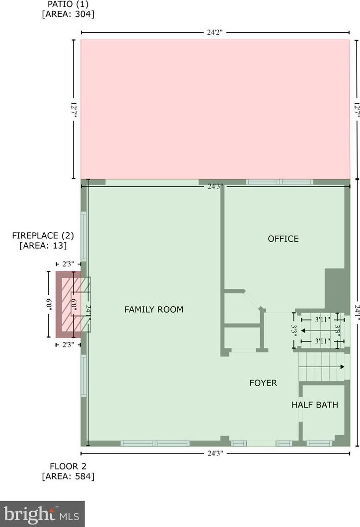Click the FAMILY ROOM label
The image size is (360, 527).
[154, 309]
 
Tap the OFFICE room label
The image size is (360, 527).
[284, 239]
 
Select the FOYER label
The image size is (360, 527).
[263, 383]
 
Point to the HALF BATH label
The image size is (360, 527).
[315, 404]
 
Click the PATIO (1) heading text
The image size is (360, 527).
[68, 4]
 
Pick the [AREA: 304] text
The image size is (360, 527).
[68, 14]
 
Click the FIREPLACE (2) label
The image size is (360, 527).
[43, 236]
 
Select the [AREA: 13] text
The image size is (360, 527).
[43, 246]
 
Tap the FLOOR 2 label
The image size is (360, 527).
[68, 466]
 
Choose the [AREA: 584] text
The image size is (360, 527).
[68, 476]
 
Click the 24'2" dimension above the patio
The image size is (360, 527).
[215, 33]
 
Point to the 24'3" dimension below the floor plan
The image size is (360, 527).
[215, 454]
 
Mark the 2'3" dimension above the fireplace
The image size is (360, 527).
[68, 264]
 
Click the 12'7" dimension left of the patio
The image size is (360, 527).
[74, 110]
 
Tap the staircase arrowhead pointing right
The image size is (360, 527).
[342, 367]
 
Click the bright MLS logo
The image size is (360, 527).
[42, 514]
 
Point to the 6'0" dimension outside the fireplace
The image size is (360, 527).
[49, 305]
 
